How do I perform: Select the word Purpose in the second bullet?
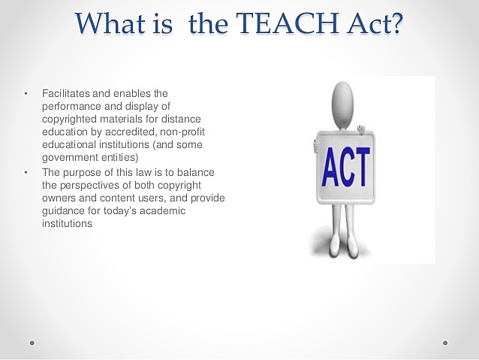[x=83, y=172]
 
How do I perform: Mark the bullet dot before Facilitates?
[x=25, y=93]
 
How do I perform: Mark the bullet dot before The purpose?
[x=25, y=172]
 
